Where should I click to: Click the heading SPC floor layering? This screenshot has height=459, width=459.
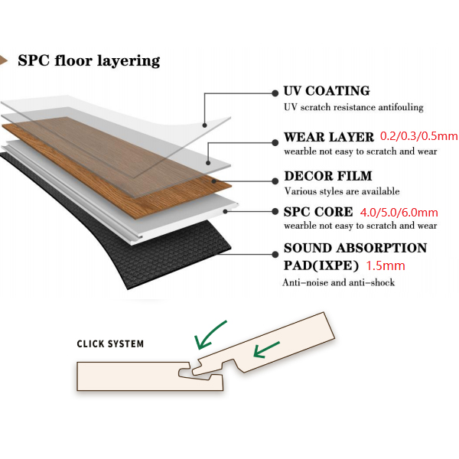pyautogui.click(x=89, y=60)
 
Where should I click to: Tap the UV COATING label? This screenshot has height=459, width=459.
pyautogui.click(x=326, y=91)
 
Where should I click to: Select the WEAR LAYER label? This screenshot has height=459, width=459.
pyautogui.click(x=329, y=138)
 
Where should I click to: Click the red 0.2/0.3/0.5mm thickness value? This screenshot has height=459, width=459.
pyautogui.click(x=418, y=137)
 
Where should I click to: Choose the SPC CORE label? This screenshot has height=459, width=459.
pyautogui.click(x=318, y=212)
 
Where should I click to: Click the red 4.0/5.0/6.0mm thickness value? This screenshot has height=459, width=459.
pyautogui.click(x=398, y=212)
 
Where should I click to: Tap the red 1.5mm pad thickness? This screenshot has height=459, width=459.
pyautogui.click(x=386, y=266)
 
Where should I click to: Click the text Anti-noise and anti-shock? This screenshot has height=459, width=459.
pyautogui.click(x=339, y=284)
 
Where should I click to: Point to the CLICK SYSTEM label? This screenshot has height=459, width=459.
pyautogui.click(x=110, y=343)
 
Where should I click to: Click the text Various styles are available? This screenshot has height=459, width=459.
pyautogui.click(x=342, y=191)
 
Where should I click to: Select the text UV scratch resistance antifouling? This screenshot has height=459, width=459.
pyautogui.click(x=353, y=107)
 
